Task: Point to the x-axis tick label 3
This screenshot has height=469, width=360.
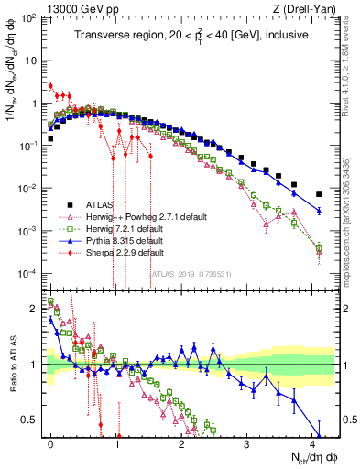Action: (247, 442)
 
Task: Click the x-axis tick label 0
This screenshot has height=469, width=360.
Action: (50, 442)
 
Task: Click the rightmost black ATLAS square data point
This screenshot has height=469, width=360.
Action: (319, 194)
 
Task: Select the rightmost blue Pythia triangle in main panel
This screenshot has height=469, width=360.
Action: (319, 211)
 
